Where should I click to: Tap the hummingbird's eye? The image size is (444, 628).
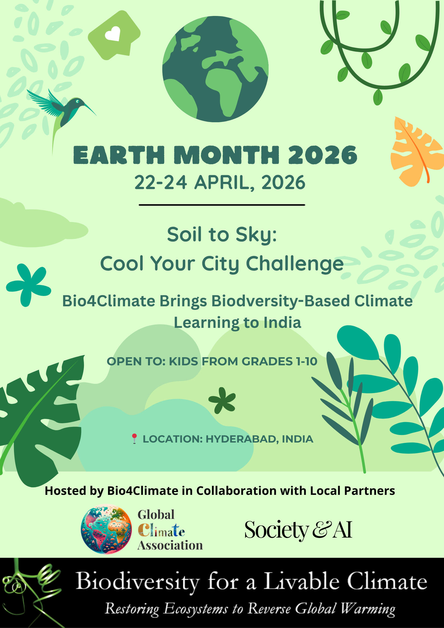click(77, 101)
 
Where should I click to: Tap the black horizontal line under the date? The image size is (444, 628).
click(222, 205)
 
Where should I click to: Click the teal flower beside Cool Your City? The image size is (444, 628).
click(28, 285)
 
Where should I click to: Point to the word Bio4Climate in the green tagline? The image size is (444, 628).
click(109, 301)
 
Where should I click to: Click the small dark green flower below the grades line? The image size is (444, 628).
click(222, 400)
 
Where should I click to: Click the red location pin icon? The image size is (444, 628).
click(134, 439)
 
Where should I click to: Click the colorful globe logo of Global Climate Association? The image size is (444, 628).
click(106, 529)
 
